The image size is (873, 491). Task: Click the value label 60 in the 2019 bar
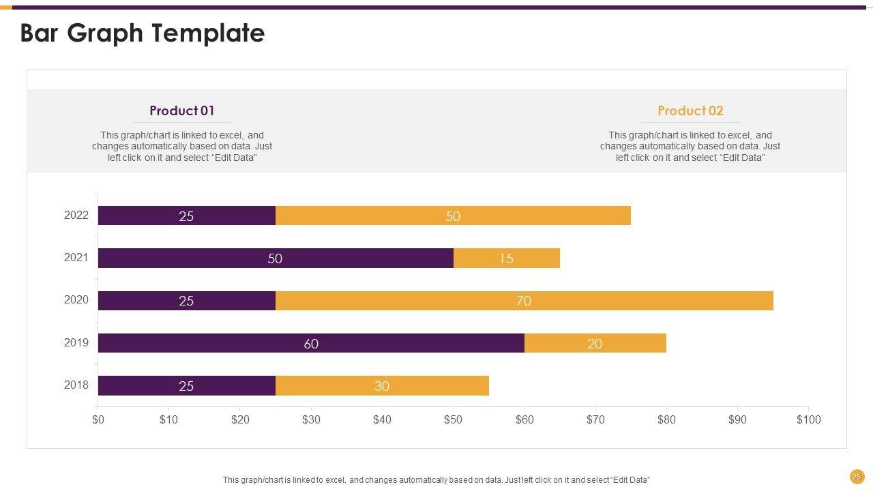(311, 344)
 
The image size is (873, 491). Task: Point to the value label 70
(524, 301)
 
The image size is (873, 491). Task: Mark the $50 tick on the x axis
(453, 419)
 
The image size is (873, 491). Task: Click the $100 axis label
(808, 419)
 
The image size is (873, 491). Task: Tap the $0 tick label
(98, 419)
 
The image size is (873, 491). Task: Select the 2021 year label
(76, 258)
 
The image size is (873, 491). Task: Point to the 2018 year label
(76, 385)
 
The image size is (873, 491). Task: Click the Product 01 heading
(182, 110)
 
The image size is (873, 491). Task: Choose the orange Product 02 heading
(690, 110)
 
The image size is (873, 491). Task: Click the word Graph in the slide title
(113, 33)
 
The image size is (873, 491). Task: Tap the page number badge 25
(857, 477)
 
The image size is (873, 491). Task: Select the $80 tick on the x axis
(666, 419)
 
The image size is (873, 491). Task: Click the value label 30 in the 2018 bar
(382, 387)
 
